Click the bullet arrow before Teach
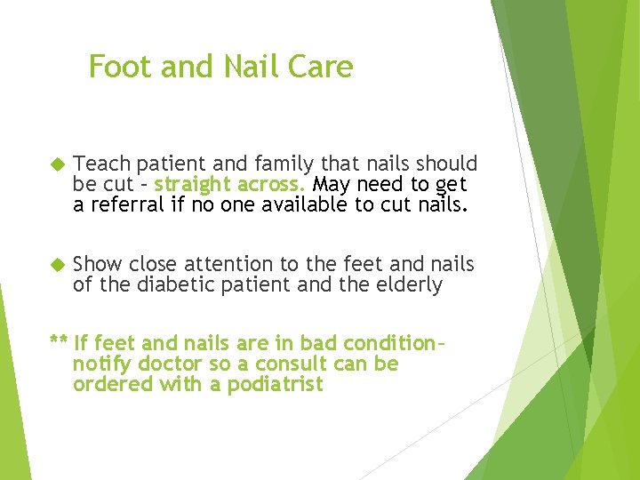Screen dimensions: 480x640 pos(59,164)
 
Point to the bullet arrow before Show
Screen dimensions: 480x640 pos(59,265)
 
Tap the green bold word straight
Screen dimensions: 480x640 pos(193,184)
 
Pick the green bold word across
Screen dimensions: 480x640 pos(271,184)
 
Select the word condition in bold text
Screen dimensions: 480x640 pos(384,343)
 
